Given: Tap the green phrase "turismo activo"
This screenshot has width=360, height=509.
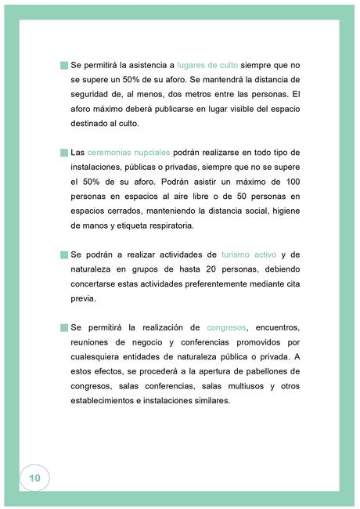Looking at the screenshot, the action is click(x=247, y=254).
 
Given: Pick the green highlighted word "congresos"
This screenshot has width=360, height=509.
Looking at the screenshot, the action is click(x=227, y=327).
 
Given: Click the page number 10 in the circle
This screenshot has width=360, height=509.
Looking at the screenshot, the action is click(x=34, y=477).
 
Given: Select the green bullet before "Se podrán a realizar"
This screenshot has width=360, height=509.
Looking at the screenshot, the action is click(x=63, y=255).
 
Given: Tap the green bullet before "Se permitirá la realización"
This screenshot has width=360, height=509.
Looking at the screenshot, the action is click(x=63, y=327).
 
